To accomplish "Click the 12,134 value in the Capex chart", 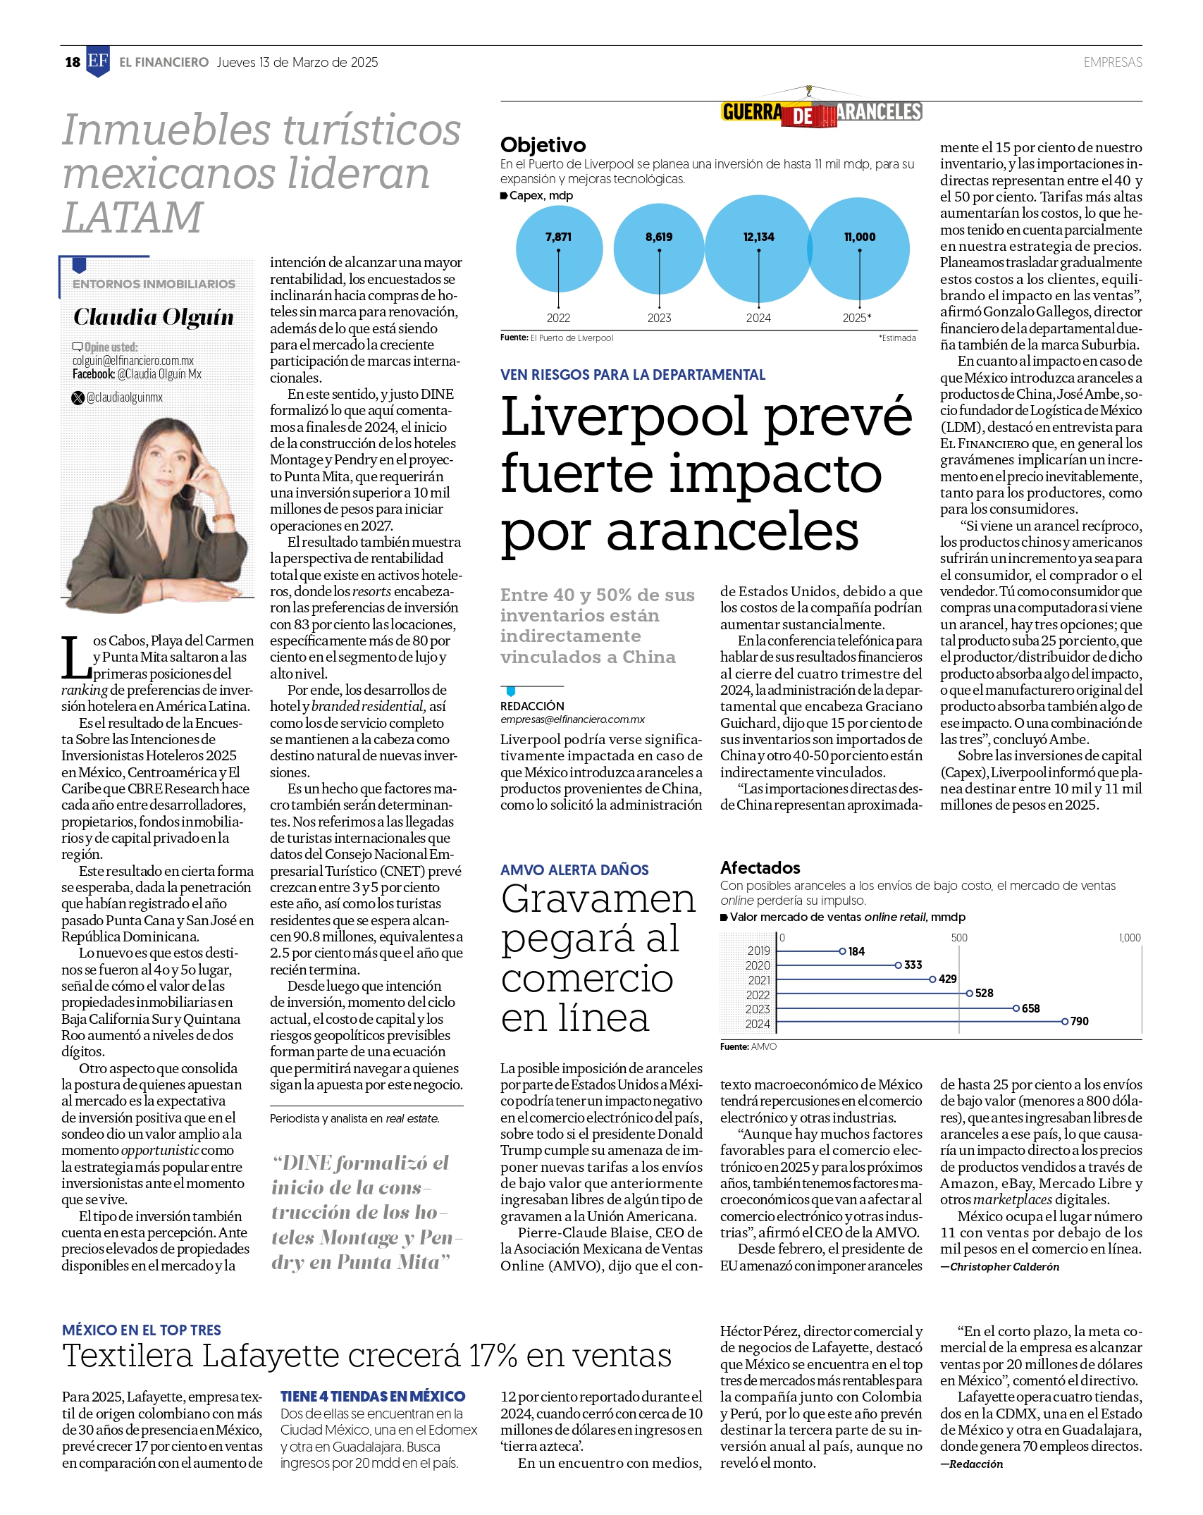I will (758, 237).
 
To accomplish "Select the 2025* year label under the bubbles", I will (857, 318).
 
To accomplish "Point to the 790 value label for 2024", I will (1080, 1021).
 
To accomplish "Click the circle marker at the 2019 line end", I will (842, 951).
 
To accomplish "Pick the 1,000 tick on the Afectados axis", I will (1129, 938).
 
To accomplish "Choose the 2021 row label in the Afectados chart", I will (759, 980).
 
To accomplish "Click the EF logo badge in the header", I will (98, 62).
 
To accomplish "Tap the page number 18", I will (73, 62).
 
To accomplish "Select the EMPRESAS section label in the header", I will (1112, 62).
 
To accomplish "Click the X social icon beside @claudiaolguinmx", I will (78, 397).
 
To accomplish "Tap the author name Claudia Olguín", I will (154, 316).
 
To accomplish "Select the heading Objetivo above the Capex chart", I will (543, 145).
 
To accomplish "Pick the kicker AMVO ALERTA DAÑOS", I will (574, 870).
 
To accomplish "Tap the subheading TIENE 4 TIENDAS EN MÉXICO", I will (373, 1396).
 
